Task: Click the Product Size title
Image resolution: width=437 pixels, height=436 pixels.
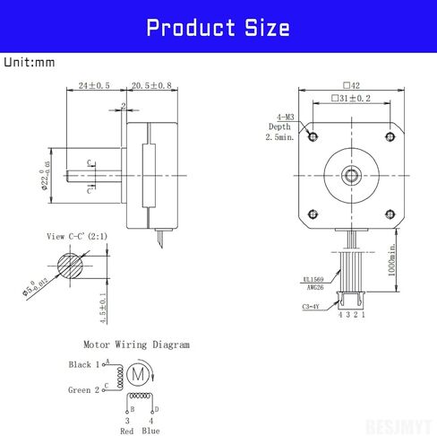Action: coord(218,28)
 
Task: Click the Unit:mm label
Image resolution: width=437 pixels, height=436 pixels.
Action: coord(30,63)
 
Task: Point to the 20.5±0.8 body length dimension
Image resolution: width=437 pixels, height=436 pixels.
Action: coord(151,86)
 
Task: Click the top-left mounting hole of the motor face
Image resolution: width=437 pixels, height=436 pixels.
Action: coord(312,135)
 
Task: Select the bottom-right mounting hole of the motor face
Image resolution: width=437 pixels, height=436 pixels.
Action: coord(389,213)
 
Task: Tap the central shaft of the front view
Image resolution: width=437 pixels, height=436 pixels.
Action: coord(350,174)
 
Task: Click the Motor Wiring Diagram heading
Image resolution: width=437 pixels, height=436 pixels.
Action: coord(136,344)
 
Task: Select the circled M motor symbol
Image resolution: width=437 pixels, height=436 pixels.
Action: coord(138,371)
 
